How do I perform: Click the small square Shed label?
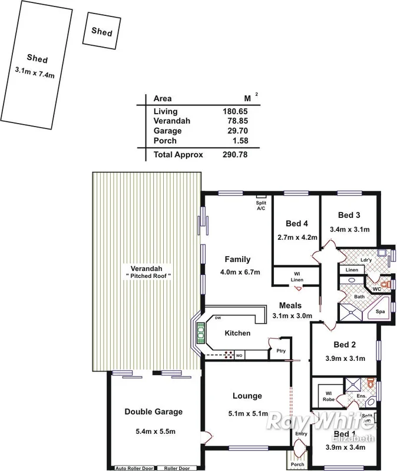(101, 33)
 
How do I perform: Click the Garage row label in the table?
(167, 131)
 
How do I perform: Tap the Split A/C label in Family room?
(261, 205)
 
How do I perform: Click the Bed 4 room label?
(297, 223)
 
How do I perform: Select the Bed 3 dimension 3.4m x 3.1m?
(349, 229)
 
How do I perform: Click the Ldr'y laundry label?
(365, 260)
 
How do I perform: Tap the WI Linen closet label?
(297, 276)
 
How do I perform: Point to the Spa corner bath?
(380, 311)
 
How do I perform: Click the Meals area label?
(290, 306)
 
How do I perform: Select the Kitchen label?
(237, 333)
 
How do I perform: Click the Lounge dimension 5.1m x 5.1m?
(247, 413)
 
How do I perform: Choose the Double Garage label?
(153, 412)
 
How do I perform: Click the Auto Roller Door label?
(134, 469)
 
